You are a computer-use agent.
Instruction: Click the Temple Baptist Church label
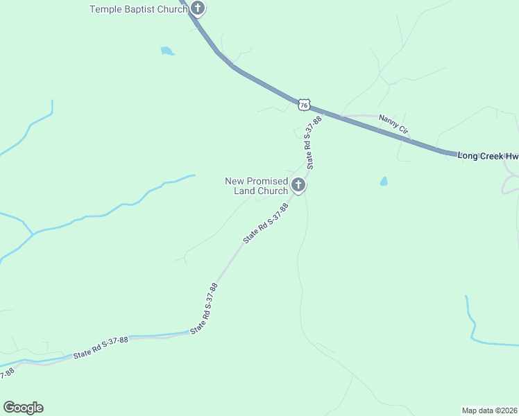pyautogui.click(x=139, y=9)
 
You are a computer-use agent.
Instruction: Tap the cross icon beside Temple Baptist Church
pyautogui.click(x=198, y=9)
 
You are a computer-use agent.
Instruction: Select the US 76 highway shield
pyautogui.click(x=304, y=105)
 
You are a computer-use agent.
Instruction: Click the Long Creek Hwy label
pyautogui.click(x=488, y=156)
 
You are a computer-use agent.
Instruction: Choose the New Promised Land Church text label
pyautogui.click(x=256, y=186)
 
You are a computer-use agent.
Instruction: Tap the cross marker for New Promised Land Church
pyautogui.click(x=298, y=185)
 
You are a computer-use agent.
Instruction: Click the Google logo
pyautogui.click(x=23, y=408)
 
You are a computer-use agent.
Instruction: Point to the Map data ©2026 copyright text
pyautogui.click(x=489, y=410)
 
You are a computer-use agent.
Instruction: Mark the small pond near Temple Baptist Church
pyautogui.click(x=167, y=51)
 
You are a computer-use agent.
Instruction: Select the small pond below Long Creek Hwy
pyautogui.click(x=383, y=182)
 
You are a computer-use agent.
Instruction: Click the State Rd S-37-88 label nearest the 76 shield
pyautogui.click(x=311, y=143)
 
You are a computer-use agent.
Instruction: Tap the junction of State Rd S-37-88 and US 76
pyautogui.click(x=321, y=112)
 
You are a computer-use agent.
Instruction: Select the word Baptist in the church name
pyautogui.click(x=141, y=9)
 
